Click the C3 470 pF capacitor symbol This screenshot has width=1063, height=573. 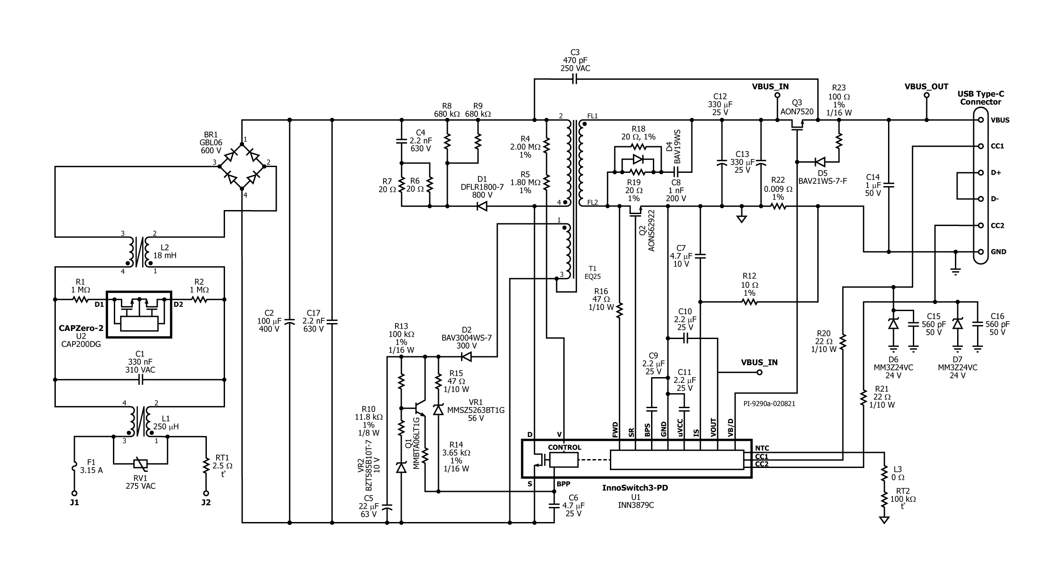(574, 79)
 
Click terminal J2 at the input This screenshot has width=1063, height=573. (206, 493)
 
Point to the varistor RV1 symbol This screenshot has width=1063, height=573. (140, 464)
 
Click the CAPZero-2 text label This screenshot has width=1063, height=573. (81, 328)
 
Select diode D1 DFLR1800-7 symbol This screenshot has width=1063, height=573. (482, 206)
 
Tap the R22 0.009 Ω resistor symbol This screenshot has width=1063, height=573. (778, 206)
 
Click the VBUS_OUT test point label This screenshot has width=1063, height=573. (926, 86)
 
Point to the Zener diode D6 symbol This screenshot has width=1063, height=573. (893, 324)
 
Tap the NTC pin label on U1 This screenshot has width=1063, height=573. (762, 448)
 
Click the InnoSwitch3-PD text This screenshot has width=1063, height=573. (635, 487)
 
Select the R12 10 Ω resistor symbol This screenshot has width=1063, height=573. (749, 302)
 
